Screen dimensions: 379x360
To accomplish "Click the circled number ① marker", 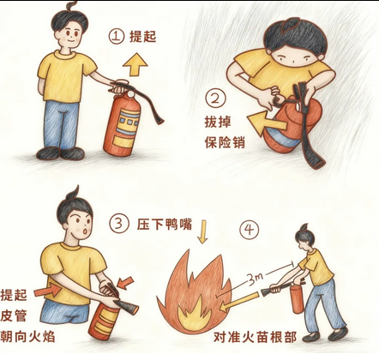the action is [117, 36].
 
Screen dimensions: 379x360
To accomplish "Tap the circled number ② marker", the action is [215, 99].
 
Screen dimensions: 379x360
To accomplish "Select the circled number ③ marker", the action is [118, 224].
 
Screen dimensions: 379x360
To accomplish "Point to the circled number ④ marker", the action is [250, 229].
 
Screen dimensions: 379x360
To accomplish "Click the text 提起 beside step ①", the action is [142, 37].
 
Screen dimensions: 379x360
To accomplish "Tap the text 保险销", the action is [225, 141].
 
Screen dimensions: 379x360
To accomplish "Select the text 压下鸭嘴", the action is [165, 224].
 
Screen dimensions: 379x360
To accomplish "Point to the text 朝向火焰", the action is [27, 336].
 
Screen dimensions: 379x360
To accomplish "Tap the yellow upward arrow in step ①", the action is [135, 64].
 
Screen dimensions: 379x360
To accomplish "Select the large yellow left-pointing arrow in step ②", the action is [267, 123].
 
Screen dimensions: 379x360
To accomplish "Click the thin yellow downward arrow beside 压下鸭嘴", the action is [202, 231].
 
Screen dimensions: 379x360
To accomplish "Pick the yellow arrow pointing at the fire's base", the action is [238, 302].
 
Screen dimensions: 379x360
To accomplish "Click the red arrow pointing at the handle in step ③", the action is [125, 282].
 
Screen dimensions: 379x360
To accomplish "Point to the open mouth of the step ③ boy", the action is [85, 231].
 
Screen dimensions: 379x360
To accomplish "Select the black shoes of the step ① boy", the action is [60, 153].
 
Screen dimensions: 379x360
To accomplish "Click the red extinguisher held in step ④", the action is [297, 298].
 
